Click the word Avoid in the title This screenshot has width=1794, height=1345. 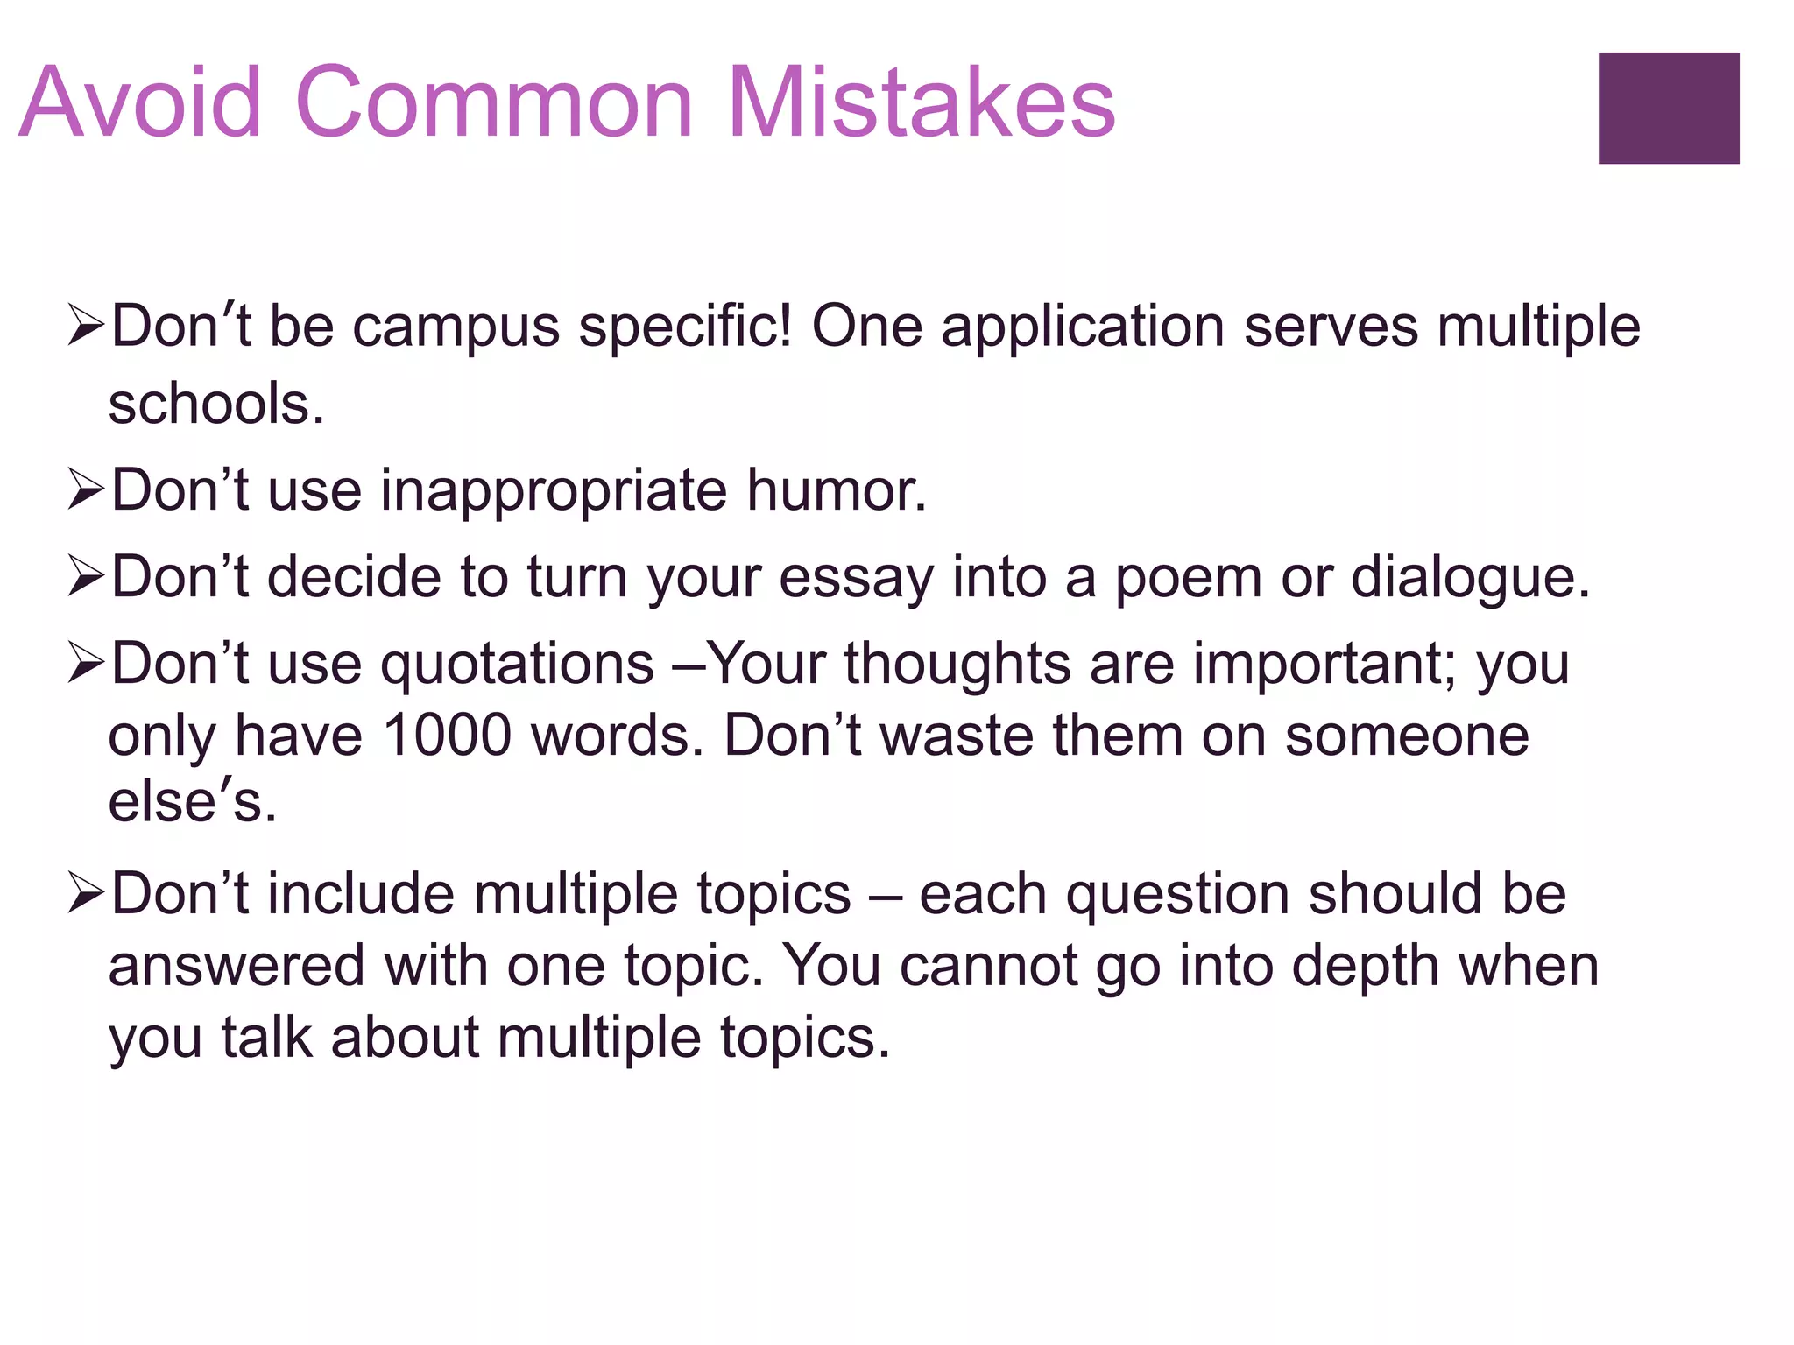point(140,102)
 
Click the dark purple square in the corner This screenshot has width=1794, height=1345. point(1668,108)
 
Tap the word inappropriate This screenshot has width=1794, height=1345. point(553,491)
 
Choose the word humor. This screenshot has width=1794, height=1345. point(836,489)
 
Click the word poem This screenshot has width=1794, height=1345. point(1188,579)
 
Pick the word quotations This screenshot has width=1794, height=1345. point(517,665)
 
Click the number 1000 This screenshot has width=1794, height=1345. point(447,735)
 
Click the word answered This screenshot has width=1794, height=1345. point(236,967)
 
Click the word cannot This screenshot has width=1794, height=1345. point(989,967)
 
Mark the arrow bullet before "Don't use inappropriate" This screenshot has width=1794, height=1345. point(86,489)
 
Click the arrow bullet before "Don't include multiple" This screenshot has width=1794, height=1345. point(86,894)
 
